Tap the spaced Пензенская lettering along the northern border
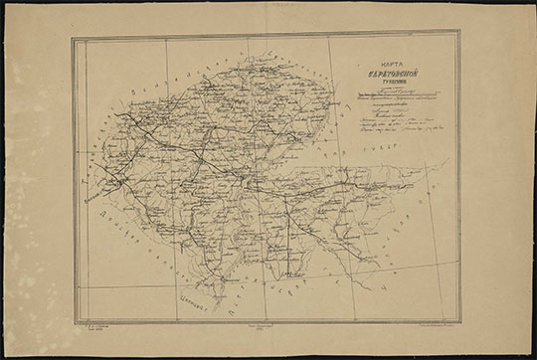(x=189, y=75)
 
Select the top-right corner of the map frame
(x=459, y=33)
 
